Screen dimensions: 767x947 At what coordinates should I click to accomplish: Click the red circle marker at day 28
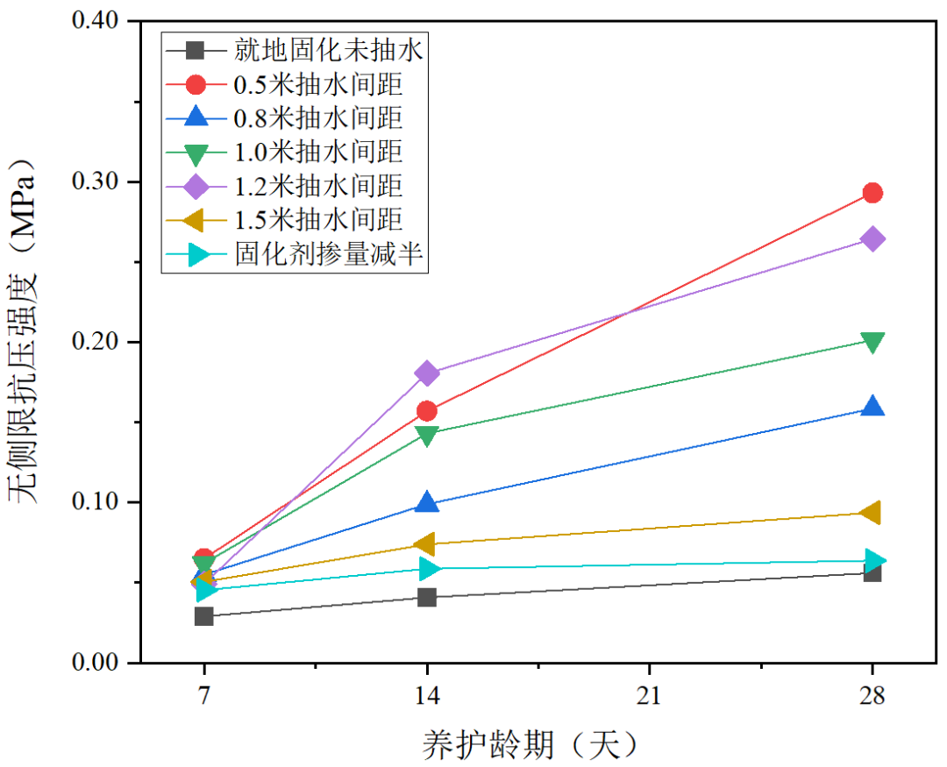(x=872, y=193)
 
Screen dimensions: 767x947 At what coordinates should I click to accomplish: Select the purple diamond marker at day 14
(x=427, y=373)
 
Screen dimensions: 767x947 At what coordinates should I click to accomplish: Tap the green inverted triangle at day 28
(x=872, y=341)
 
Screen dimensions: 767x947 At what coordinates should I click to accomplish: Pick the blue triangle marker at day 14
(x=427, y=502)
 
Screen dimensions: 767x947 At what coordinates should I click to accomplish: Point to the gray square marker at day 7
(x=204, y=616)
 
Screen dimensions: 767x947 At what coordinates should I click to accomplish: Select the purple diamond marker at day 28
(x=872, y=239)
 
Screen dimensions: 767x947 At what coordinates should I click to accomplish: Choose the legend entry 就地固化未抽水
(x=329, y=50)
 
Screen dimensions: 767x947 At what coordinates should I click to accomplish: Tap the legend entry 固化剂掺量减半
(x=330, y=254)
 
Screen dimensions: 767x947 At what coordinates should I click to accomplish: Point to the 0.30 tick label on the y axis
(x=97, y=181)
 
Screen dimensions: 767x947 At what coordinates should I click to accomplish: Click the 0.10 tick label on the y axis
(x=97, y=502)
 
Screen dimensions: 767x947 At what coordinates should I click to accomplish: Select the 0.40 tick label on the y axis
(x=97, y=21)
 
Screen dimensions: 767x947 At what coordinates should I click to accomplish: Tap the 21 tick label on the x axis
(x=650, y=696)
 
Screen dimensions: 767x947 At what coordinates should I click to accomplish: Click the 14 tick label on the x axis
(x=427, y=696)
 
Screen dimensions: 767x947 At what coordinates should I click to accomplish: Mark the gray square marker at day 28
(x=872, y=572)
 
